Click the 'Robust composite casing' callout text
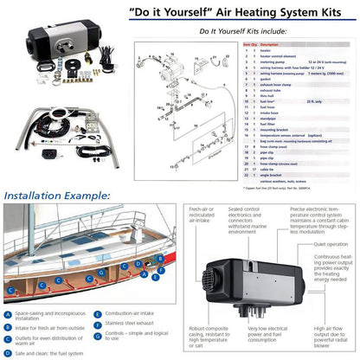[211, 333]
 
